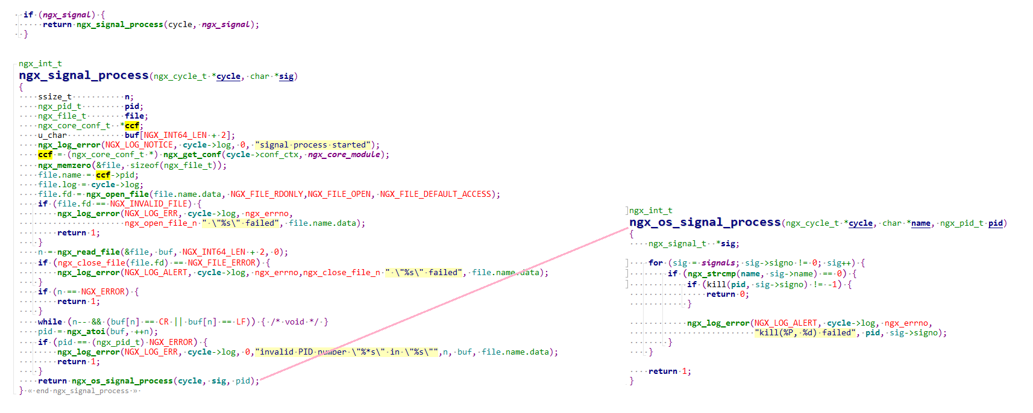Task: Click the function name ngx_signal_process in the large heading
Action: [83, 75]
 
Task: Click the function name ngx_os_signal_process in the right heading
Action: [705, 222]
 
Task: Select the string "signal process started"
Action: [313, 145]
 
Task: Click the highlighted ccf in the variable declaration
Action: [132, 126]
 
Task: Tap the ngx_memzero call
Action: [64, 165]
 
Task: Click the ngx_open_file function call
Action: [118, 194]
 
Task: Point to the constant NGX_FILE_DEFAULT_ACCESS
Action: [436, 194]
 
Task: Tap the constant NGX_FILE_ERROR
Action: [224, 262]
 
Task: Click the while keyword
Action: [50, 321]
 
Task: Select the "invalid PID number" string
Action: [347, 352]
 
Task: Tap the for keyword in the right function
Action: [656, 262]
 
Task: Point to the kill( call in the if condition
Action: [715, 284]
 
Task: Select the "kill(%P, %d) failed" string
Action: [805, 333]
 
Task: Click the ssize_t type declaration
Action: [55, 97]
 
